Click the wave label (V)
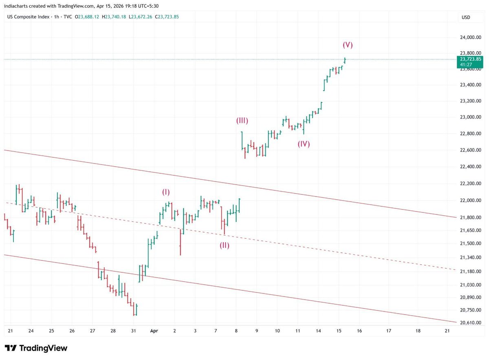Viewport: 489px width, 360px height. (347, 45)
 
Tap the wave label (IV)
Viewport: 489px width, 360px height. (304, 144)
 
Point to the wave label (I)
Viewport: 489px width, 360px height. (166, 192)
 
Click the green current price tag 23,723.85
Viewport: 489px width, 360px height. (470, 59)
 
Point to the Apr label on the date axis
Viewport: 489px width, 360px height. (154, 331)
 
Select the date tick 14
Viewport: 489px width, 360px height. (318, 331)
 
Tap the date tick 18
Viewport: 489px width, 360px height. (418, 331)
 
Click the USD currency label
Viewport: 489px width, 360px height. (465, 17)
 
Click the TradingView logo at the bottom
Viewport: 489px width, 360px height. (36, 348)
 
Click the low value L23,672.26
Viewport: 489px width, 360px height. (141, 17)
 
